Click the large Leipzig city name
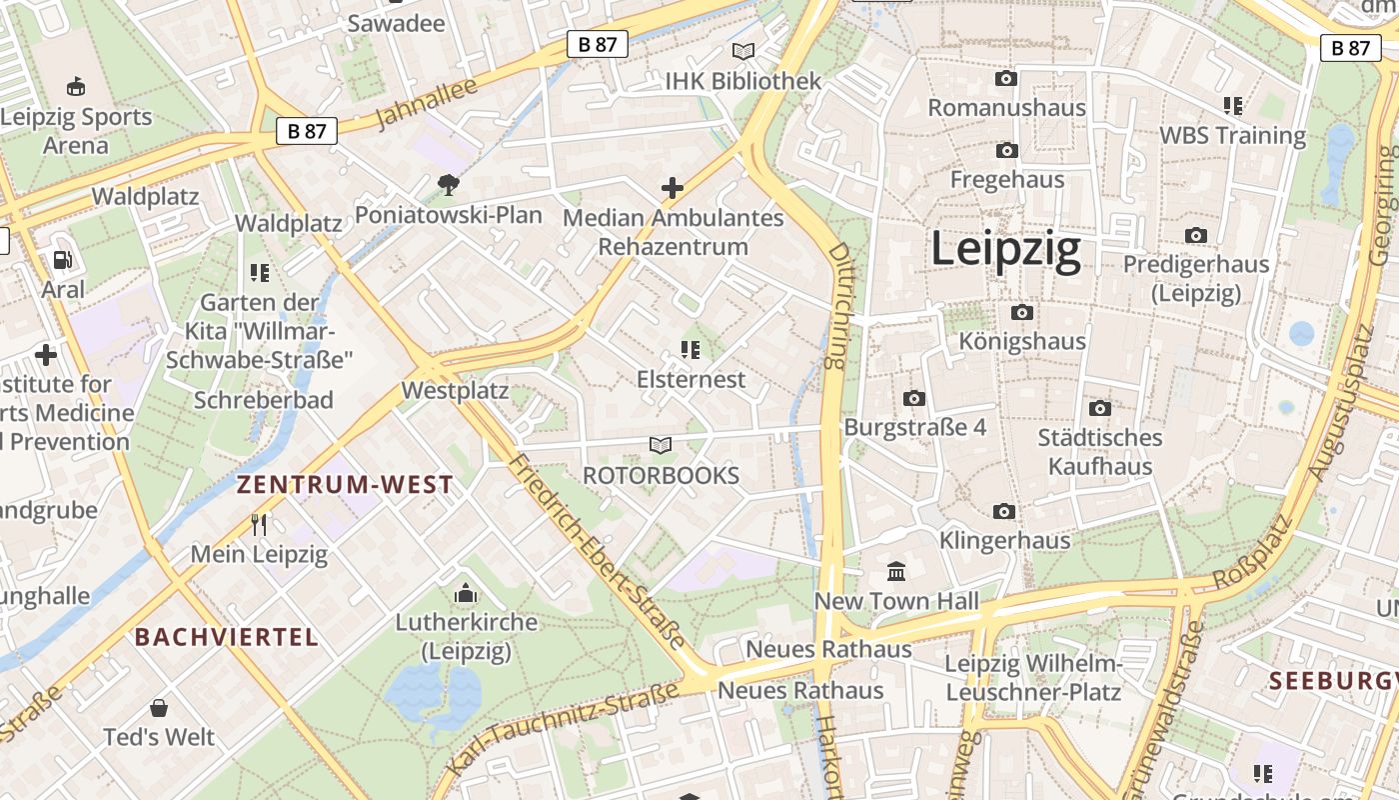coord(1005,249)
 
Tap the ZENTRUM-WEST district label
coord(345,486)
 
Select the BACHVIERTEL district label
coord(227,637)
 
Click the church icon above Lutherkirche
coord(465,594)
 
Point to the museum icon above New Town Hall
coord(896,572)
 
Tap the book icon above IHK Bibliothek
coord(742,51)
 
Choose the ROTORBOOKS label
coord(661,475)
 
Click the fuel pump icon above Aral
coord(63,260)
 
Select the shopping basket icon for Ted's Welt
coord(158,709)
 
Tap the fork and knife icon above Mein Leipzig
coord(259,524)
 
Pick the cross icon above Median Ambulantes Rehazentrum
coord(673,187)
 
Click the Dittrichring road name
coord(836,305)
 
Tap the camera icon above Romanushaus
coord(1006,78)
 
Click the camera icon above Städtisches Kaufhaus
coord(1100,408)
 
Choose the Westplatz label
coord(455,391)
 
